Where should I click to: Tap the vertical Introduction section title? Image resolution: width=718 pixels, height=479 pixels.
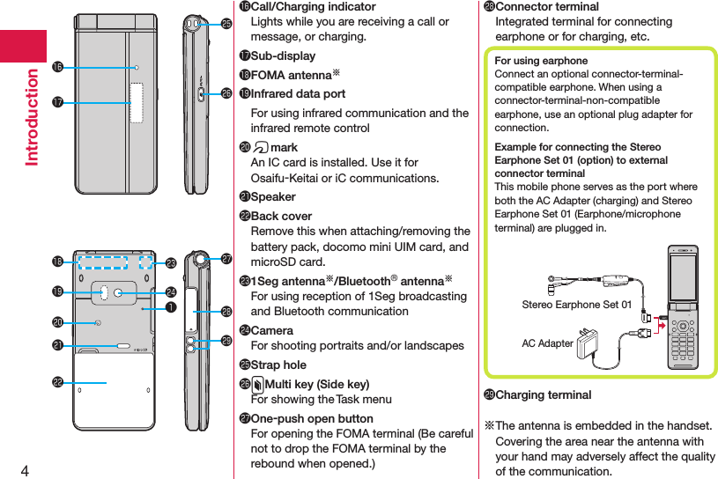[x=33, y=116]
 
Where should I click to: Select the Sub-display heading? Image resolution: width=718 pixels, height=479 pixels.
[x=283, y=56]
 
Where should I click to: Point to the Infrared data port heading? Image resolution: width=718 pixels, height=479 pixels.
[x=298, y=93]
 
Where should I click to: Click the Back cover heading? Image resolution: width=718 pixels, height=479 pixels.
[x=281, y=216]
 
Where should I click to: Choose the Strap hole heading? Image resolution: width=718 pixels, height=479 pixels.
[x=278, y=365]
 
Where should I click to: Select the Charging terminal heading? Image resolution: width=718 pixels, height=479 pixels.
[x=544, y=394]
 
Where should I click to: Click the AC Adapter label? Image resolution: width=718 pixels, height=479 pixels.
[x=547, y=343]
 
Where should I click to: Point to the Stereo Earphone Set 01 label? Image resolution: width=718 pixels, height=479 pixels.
[x=576, y=305]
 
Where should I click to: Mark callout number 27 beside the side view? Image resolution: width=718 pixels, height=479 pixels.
[x=226, y=258]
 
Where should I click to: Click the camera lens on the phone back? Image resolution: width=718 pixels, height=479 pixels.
[x=118, y=291]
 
